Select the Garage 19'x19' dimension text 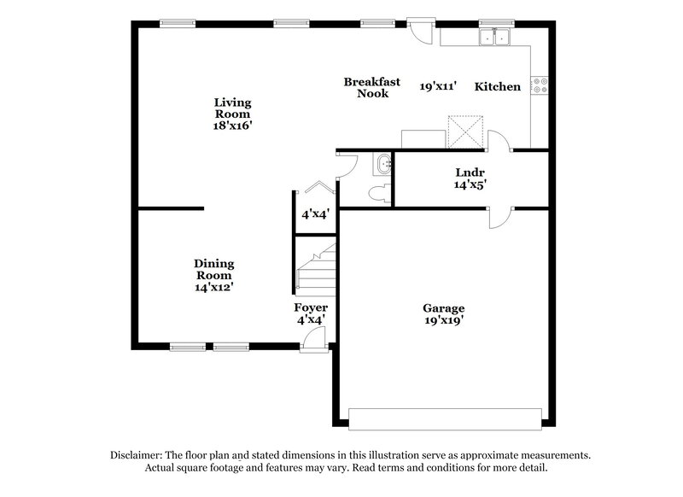coord(444,321)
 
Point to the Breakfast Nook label coord(366,87)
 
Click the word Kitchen coord(498,86)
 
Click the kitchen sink coord(493,37)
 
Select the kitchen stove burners coord(540,85)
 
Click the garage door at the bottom coord(445,418)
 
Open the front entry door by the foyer coord(314,340)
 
